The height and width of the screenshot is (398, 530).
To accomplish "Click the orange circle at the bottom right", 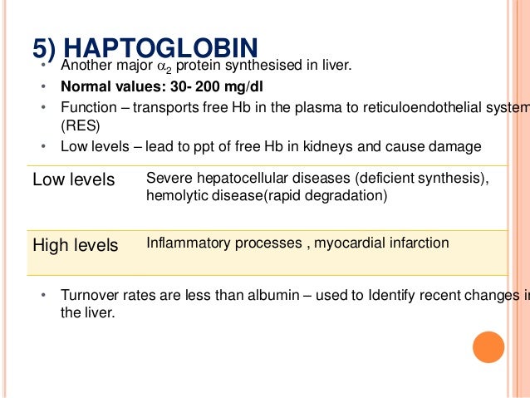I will (x=488, y=347).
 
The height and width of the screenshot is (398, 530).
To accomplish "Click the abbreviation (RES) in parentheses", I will (x=79, y=126).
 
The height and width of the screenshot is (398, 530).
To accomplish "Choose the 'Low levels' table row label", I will (x=73, y=180).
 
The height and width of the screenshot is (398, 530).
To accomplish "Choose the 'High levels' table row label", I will (x=75, y=245).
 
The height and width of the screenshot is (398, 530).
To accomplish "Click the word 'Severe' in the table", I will (x=166, y=178).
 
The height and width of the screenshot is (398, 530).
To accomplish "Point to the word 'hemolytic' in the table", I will (x=173, y=195).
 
